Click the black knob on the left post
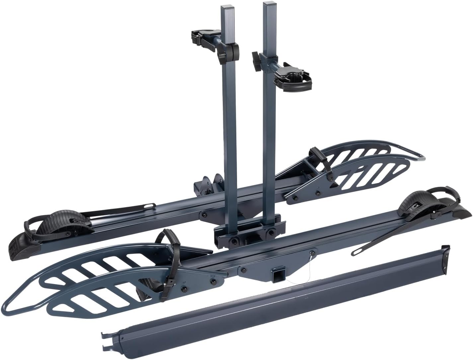coord(232,50)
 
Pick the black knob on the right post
coord(257,61)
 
